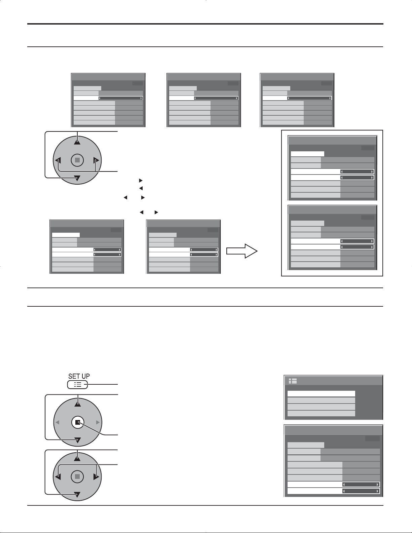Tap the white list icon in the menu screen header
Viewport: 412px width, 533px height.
click(293, 381)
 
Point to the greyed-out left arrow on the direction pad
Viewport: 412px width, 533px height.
click(57, 422)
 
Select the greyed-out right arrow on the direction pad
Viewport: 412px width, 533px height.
click(98, 422)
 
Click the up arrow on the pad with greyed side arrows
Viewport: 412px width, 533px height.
click(77, 402)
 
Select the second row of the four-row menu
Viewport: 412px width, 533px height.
click(321, 400)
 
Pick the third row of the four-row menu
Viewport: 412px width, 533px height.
click(321, 407)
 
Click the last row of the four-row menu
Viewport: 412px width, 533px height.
click(321, 413)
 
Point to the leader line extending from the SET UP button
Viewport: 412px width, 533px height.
click(103, 384)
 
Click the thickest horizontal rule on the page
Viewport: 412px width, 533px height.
click(205, 24)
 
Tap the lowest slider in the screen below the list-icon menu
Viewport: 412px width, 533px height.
click(361, 491)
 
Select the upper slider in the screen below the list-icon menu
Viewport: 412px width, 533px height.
click(361, 485)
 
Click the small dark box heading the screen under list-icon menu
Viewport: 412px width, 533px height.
click(372, 439)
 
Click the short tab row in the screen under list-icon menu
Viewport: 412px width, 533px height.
click(306, 445)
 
